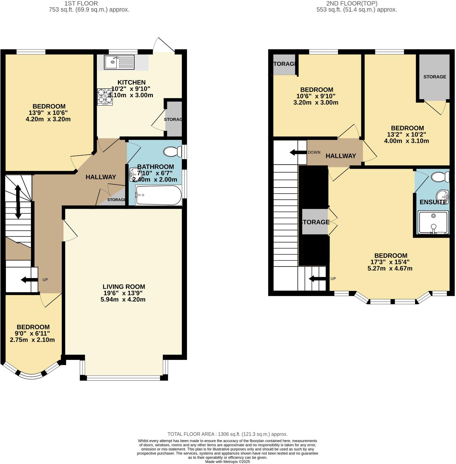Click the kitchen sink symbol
click(119, 62)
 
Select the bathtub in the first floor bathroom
click(158, 195)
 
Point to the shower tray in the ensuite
click(433, 222)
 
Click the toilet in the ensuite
click(440, 177)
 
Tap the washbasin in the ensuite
click(443, 196)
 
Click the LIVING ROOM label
click(124, 287)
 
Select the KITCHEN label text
click(131, 82)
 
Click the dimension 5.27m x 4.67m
click(390, 268)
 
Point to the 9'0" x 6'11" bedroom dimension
click(33, 333)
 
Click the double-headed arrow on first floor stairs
click(18, 202)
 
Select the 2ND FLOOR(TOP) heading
click(352, 3)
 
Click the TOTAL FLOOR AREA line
click(227, 434)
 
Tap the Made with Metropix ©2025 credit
click(227, 462)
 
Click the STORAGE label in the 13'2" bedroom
click(435, 77)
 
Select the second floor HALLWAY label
click(341, 156)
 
